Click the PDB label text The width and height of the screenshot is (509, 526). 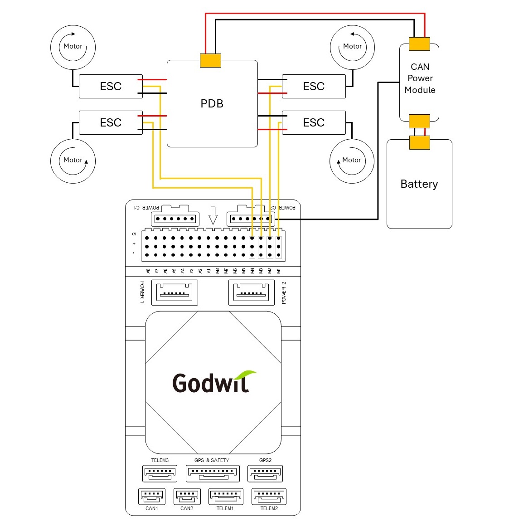pyautogui.click(x=212, y=104)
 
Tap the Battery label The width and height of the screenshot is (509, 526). pyautogui.click(x=419, y=184)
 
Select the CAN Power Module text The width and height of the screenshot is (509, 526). pyautogui.click(x=420, y=78)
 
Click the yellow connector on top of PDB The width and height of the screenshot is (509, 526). pyautogui.click(x=210, y=60)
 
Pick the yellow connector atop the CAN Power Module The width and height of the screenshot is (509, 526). pyautogui.click(x=419, y=44)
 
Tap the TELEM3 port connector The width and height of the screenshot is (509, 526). pyautogui.click(x=160, y=473)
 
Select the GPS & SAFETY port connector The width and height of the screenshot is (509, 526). pyautogui.click(x=212, y=473)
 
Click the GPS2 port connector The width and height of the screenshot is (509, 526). pyautogui.click(x=265, y=473)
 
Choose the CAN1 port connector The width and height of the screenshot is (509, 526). pyautogui.click(x=151, y=496)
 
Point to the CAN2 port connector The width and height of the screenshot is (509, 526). pyautogui.click(x=187, y=496)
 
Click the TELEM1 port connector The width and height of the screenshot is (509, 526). pyautogui.click(x=226, y=496)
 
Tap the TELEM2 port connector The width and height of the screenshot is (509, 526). pyautogui.click(x=269, y=496)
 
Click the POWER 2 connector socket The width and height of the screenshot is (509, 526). pyautogui.click(x=252, y=292)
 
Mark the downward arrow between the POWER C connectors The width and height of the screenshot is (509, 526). pyautogui.click(x=213, y=215)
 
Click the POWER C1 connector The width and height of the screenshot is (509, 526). pyautogui.click(x=175, y=219)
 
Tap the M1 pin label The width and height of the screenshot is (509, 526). pyautogui.click(x=279, y=271)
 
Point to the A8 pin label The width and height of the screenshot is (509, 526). pyautogui.click(x=148, y=271)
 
